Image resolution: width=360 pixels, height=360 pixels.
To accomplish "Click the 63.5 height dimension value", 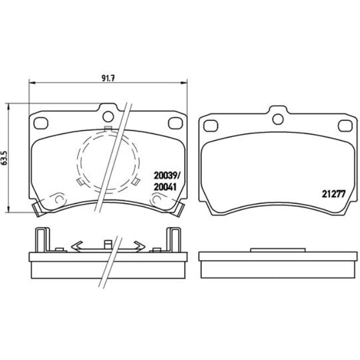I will tap(6, 157).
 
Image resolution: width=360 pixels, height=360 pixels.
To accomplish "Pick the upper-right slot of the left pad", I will tap(174, 122).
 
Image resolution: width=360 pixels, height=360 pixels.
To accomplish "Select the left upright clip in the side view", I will tap(40, 240).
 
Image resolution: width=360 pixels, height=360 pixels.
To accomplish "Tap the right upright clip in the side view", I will tap(173, 240).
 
